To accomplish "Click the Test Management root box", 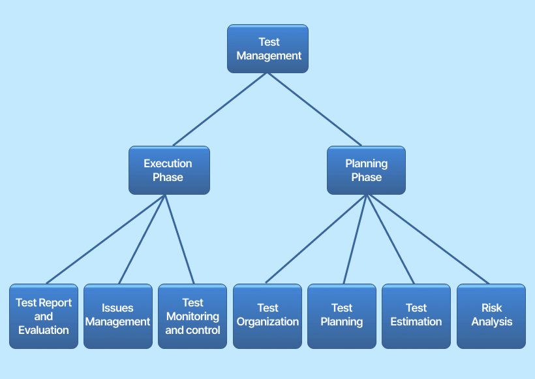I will point(267,48).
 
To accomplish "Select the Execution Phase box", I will point(169,170).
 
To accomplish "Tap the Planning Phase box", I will point(366,170).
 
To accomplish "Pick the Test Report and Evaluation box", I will point(44,316).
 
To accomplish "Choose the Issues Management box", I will point(117,316).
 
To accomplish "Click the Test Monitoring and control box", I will point(192,316).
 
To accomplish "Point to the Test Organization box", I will point(267,316).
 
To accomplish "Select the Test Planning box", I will point(342,316).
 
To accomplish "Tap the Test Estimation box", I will point(416,316).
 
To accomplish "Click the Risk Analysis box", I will point(491,316).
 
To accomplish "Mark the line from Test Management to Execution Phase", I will point(219,109).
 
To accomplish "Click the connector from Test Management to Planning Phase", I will point(314,109).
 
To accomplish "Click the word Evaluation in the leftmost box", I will point(44,331).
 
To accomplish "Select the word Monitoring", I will point(192,316).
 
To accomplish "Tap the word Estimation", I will point(416,321).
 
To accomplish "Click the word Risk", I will point(491,308).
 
